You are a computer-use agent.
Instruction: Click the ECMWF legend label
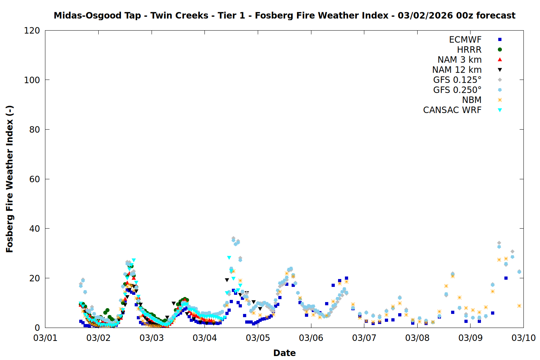pyautogui.click(x=465, y=40)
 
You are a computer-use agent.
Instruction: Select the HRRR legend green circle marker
pyautogui.click(x=500, y=50)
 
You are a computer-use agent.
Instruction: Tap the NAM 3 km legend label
pyautogui.click(x=459, y=60)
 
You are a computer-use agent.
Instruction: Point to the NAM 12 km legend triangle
pyautogui.click(x=500, y=70)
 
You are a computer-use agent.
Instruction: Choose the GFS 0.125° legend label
pyautogui.click(x=457, y=80)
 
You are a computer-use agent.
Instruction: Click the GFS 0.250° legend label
pyautogui.click(x=457, y=90)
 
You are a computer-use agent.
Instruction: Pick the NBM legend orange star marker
pyautogui.click(x=500, y=100)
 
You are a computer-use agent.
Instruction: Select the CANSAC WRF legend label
pyautogui.click(x=452, y=110)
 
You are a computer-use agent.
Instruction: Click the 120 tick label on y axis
pyautogui.click(x=32, y=31)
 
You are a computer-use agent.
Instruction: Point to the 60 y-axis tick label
pyautogui.click(x=35, y=179)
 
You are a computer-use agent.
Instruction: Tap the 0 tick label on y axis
pyautogui.click(x=37, y=328)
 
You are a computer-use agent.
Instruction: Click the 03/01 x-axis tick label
pyautogui.click(x=45, y=338)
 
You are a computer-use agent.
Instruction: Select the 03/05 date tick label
pyautogui.click(x=258, y=338)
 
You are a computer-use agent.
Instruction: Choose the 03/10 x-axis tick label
pyautogui.click(x=523, y=338)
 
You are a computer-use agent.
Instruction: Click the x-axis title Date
pyautogui.click(x=284, y=353)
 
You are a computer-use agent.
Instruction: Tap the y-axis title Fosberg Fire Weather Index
pyautogui.click(x=10, y=179)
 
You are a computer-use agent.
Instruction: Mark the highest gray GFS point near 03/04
pyautogui.click(x=233, y=238)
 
